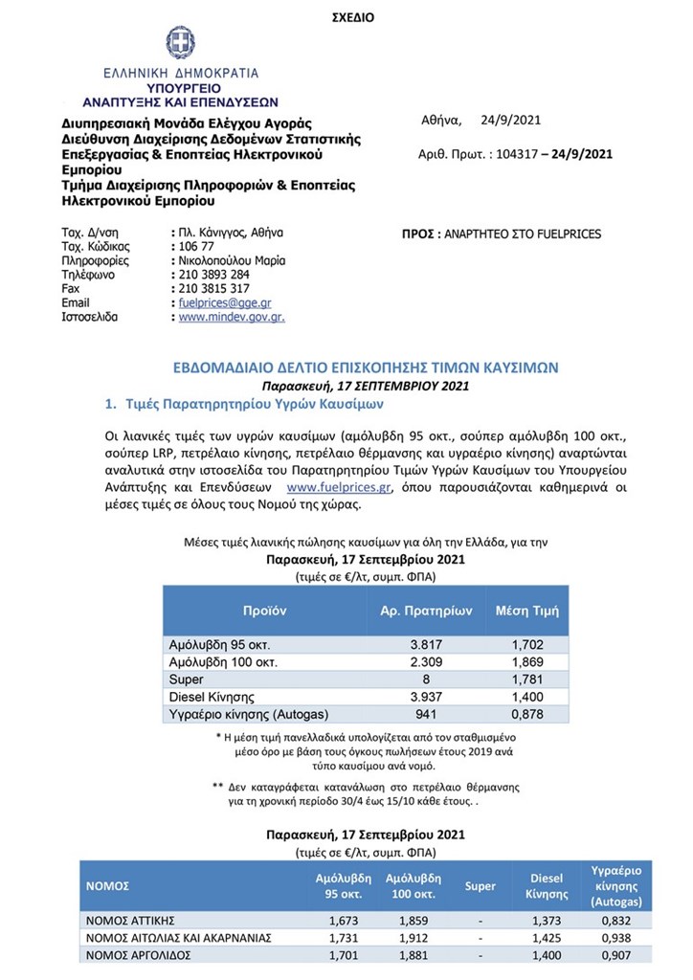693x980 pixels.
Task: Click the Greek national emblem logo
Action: coord(179,44)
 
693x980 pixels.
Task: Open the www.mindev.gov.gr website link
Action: coord(232,317)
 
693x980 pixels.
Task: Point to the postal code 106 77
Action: coord(198,246)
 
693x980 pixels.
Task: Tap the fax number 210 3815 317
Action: coord(214,288)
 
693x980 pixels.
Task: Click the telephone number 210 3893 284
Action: coord(214,274)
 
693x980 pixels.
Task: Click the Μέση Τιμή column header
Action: coord(526,610)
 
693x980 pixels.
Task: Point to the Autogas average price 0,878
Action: coord(526,715)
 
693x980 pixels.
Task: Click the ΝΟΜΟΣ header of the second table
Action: coord(108,886)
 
